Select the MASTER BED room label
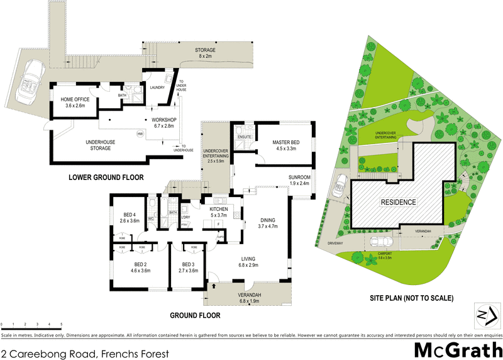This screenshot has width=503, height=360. [286, 146]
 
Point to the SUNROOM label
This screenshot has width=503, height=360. [299, 180]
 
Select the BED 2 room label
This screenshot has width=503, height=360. [140, 267]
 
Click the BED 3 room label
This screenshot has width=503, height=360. [189, 267]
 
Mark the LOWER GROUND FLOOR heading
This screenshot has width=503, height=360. [105, 178]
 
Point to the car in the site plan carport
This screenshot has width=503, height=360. [382, 242]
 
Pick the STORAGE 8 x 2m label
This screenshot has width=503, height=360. [205, 53]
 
